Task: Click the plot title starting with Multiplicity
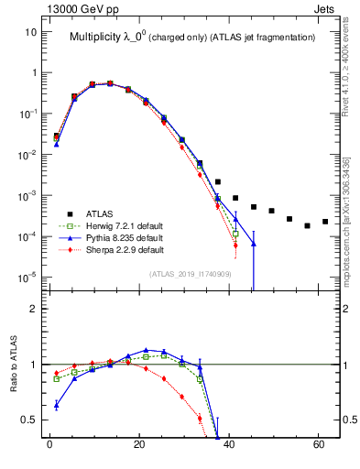click(x=192, y=37)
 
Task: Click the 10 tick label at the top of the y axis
click(x=30, y=32)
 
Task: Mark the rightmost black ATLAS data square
click(x=325, y=222)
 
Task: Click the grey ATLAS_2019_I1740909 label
click(x=191, y=274)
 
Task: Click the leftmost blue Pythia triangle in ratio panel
click(x=57, y=404)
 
